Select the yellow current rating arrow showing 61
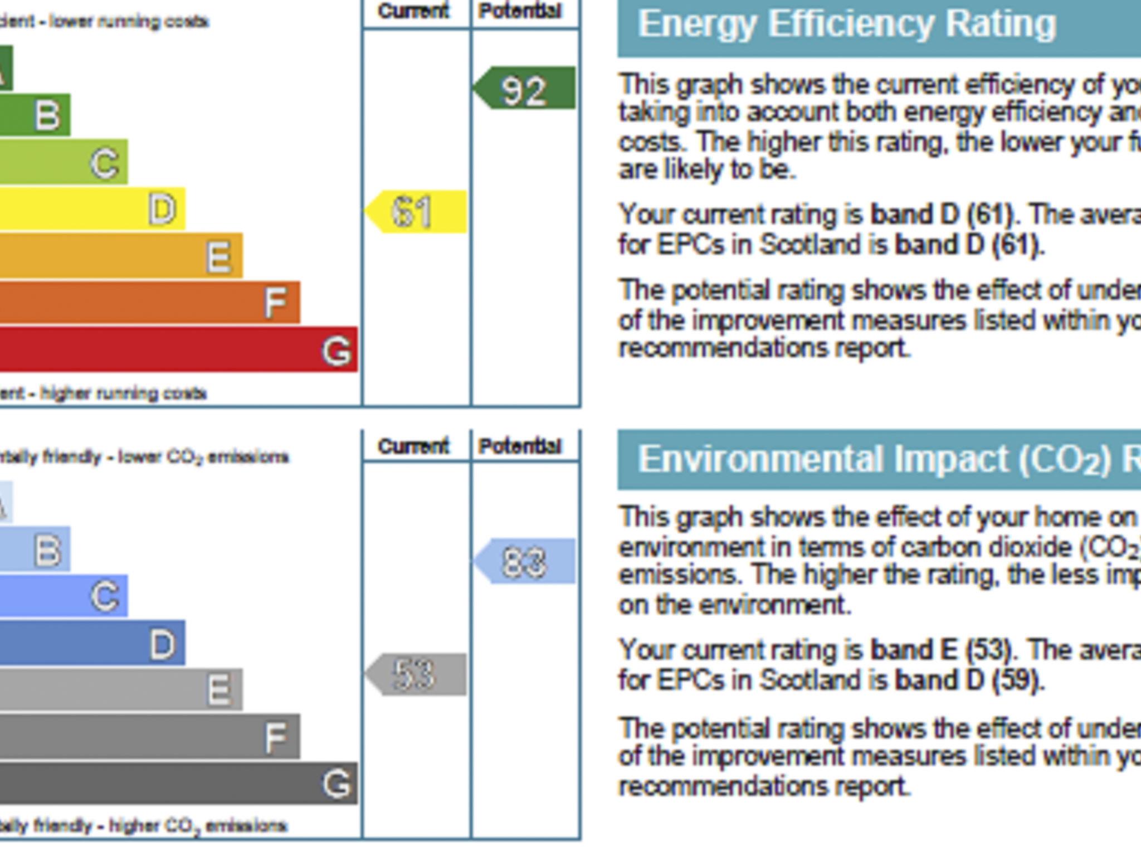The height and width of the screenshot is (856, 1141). [417, 212]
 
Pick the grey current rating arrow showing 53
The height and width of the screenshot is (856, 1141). [417, 674]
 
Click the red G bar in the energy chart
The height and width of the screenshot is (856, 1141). [178, 349]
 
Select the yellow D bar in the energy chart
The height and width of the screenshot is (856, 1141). [92, 210]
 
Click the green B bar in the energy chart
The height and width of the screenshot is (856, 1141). [35, 115]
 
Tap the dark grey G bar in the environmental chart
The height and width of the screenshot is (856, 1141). [178, 783]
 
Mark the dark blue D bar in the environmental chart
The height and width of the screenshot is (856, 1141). [92, 643]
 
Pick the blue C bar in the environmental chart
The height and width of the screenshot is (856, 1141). [64, 596]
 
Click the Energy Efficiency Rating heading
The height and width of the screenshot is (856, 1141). [847, 25]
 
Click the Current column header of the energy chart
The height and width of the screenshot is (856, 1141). [413, 11]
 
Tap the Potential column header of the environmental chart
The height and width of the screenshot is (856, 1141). [520, 446]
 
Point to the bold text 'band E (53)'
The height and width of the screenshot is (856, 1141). [942, 650]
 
